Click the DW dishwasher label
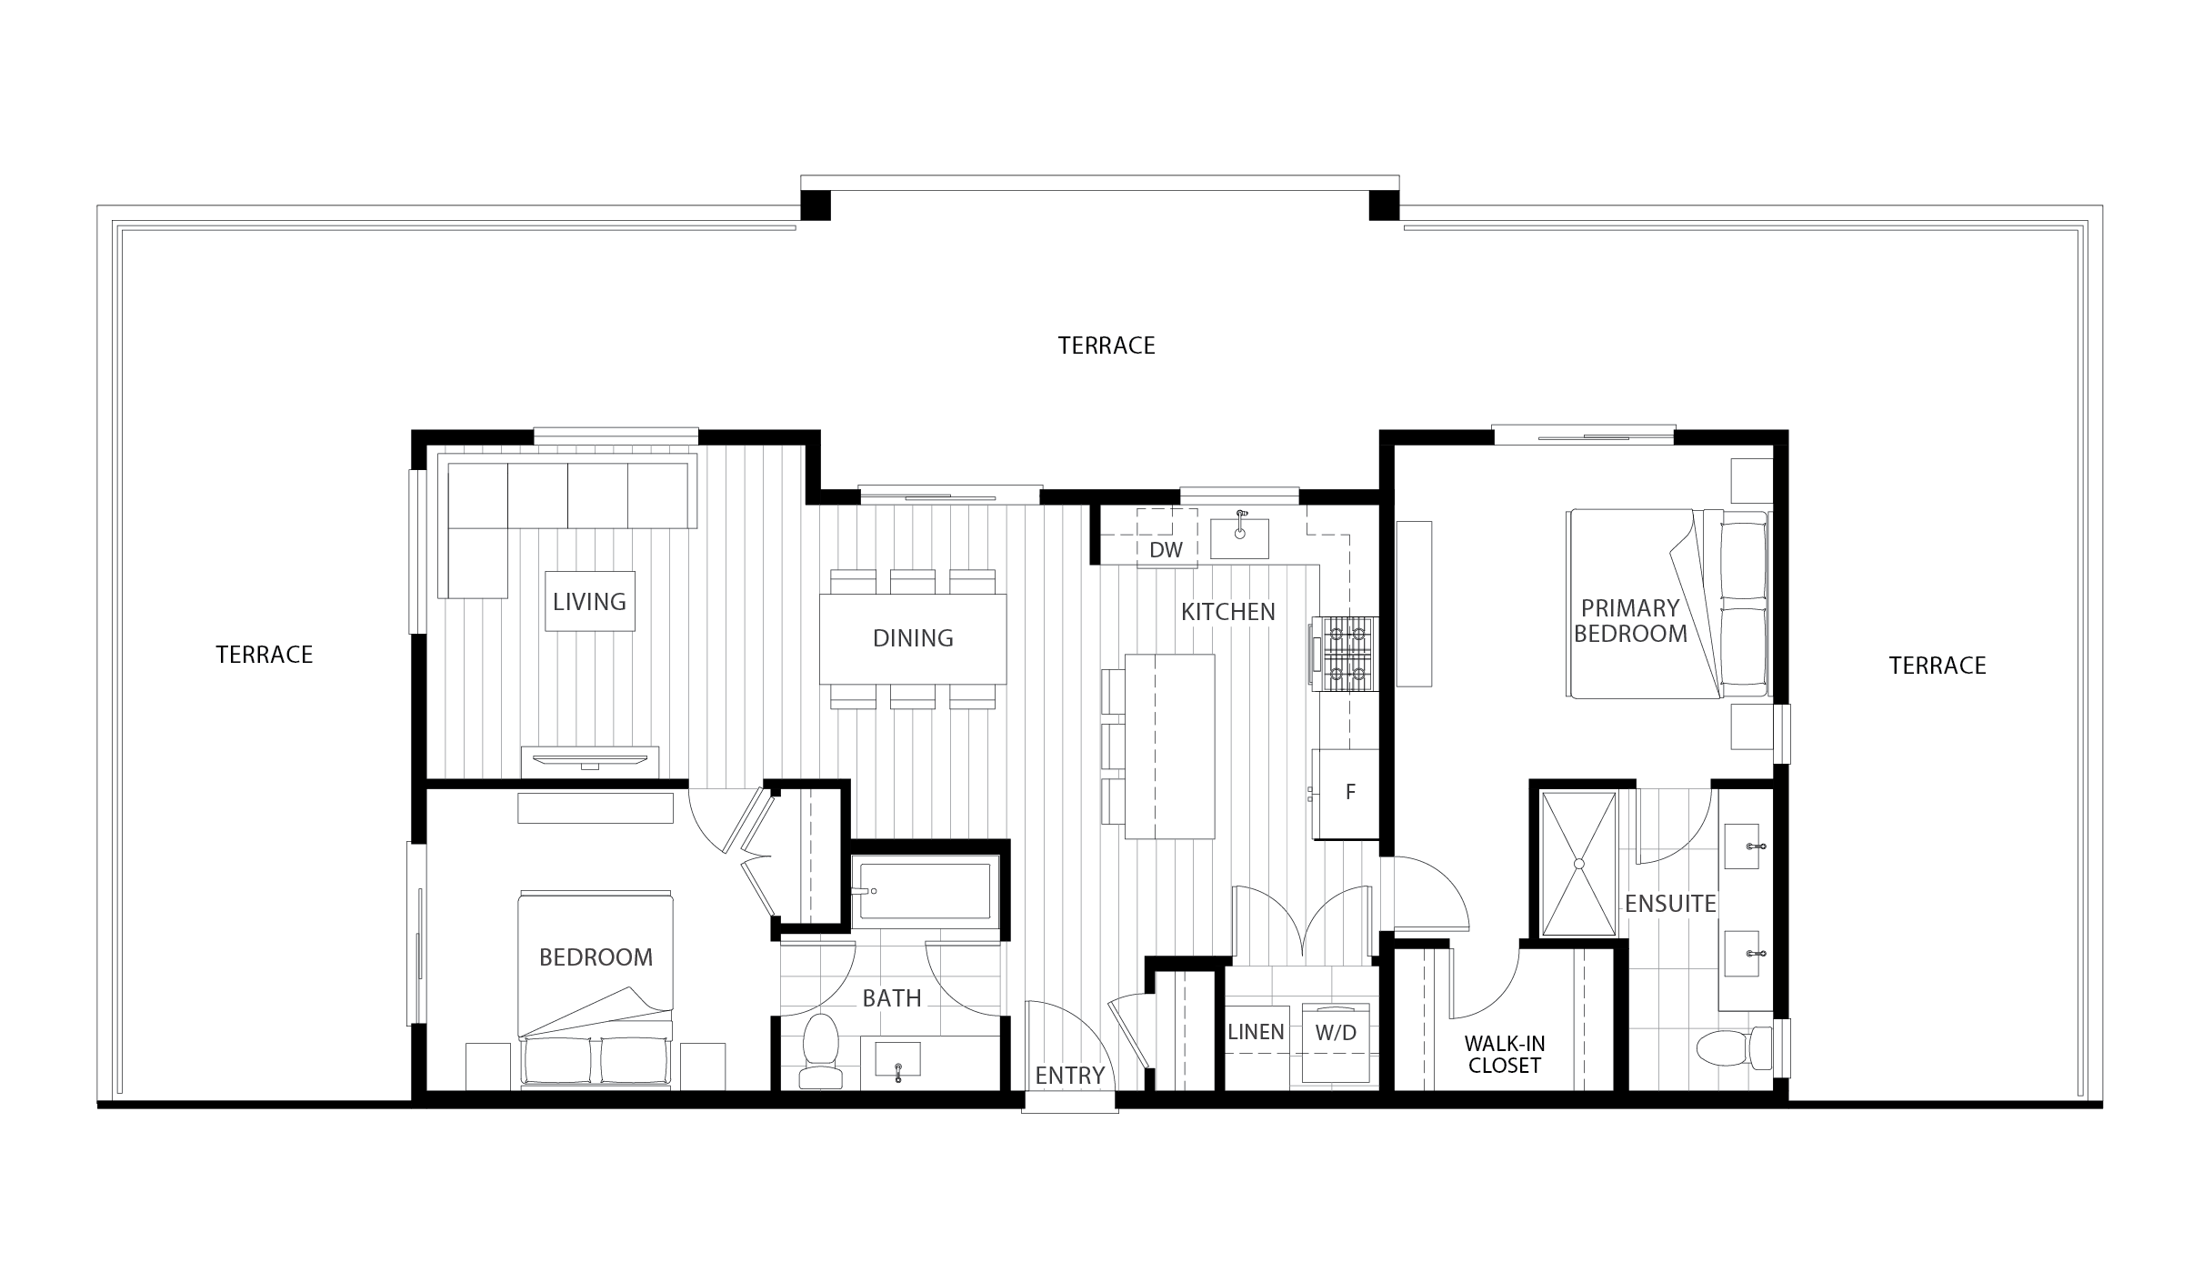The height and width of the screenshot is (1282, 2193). coord(1167,550)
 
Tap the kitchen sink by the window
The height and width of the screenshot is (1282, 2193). coord(1239,539)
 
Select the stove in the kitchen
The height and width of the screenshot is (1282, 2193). coord(1344,651)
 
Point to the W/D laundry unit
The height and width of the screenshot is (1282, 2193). coord(1336,1043)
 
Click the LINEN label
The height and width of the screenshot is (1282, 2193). coord(1256,1032)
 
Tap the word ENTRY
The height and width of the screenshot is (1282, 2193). coord(1070,1076)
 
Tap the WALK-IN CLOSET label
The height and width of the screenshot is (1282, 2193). coord(1505,1055)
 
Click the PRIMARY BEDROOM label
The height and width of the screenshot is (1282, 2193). coord(1630,621)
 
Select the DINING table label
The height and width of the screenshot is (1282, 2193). coord(913,638)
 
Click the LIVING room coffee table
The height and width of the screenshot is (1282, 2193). coord(590,601)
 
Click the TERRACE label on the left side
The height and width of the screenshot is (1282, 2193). coord(265,655)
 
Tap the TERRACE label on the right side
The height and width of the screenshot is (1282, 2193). coord(1938,666)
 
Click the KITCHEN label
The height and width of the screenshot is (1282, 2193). coord(1228,612)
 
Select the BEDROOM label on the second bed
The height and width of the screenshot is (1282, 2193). coord(596,957)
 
